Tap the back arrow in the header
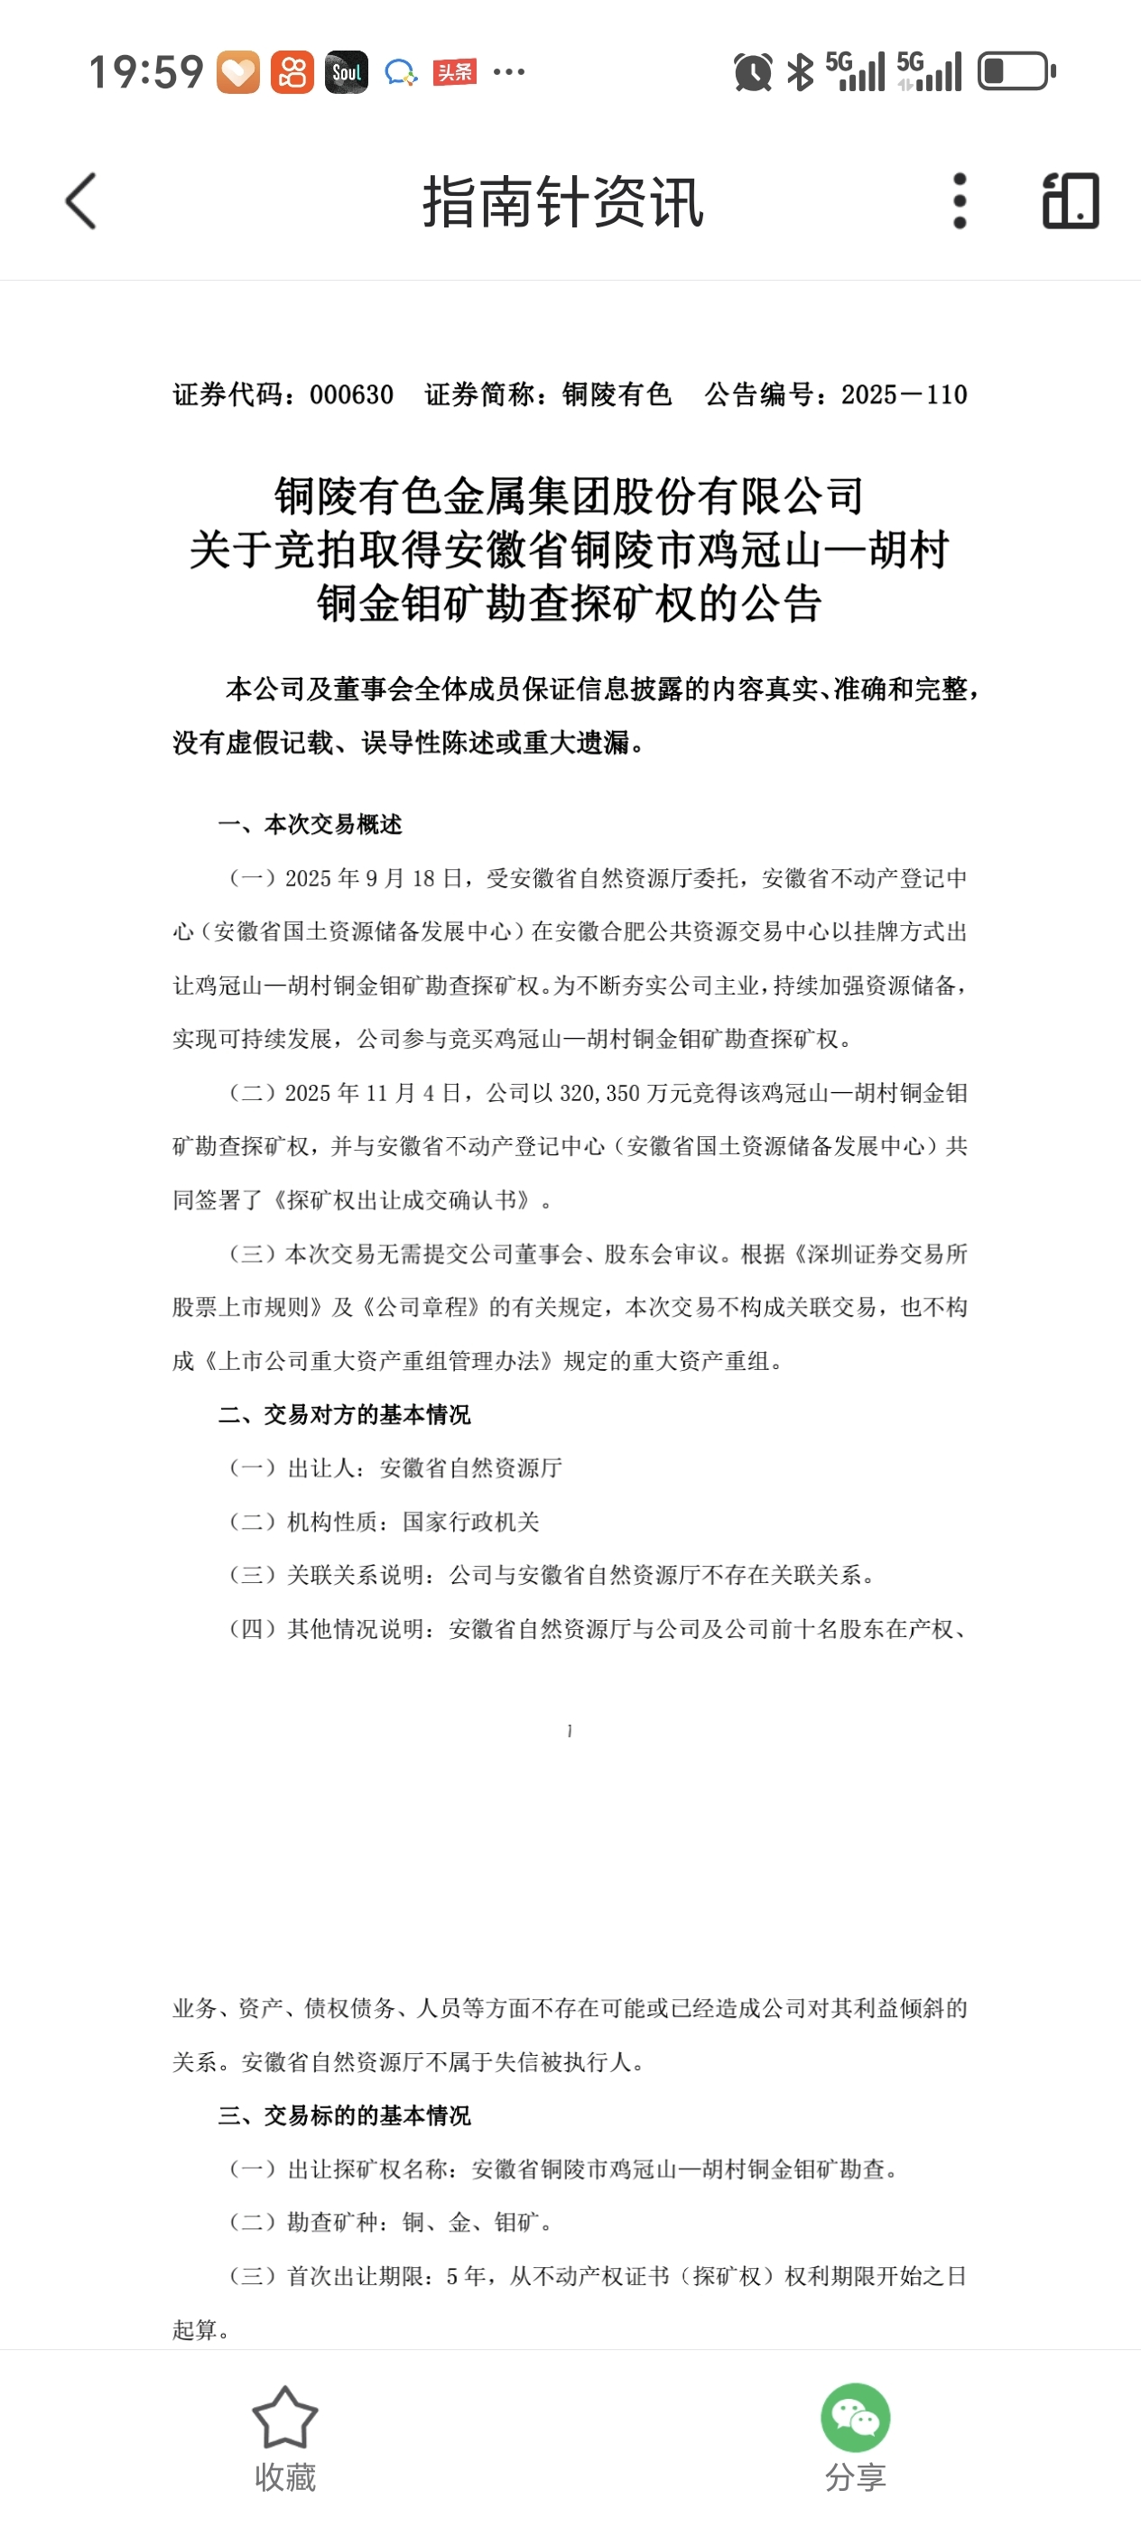pos(81,201)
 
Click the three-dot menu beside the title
pos(960,201)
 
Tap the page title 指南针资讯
pos(563,202)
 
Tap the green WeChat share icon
pos(855,2417)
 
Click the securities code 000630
pos(351,394)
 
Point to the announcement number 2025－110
pos(904,394)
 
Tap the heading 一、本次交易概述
pos(310,824)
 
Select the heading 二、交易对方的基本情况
pos(344,1413)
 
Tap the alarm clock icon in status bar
pos(753,72)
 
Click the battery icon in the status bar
pos(1016,71)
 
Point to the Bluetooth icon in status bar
pos(801,71)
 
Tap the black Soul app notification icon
pos(347,71)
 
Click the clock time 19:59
pos(146,72)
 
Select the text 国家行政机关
pos(471,1522)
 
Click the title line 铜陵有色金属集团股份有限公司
pos(569,496)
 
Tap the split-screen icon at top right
pos(1071,201)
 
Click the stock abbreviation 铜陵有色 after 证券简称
pos(617,394)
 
